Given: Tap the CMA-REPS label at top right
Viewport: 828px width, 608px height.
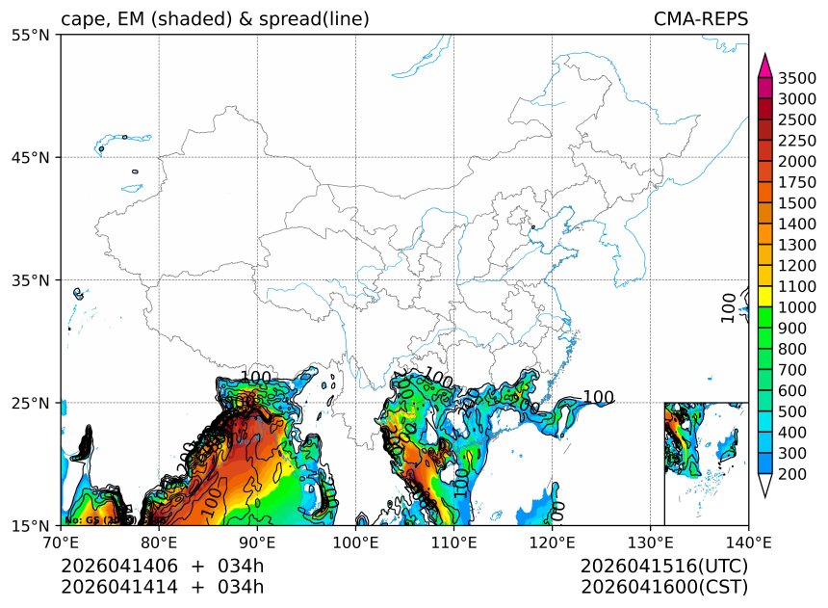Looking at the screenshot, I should pos(701,19).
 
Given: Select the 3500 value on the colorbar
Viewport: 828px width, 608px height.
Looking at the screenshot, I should pos(797,78).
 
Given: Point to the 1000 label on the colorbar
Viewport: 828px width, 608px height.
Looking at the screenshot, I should pos(797,307).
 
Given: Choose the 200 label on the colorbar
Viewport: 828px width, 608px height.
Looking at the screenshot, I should pos(797,474).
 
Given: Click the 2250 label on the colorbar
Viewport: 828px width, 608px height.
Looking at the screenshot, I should pos(797,140).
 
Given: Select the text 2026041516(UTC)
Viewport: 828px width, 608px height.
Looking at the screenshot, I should pos(664,566).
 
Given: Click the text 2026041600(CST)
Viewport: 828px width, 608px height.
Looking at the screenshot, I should pos(664,587).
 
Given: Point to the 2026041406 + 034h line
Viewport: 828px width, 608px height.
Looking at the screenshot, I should pos(162,566).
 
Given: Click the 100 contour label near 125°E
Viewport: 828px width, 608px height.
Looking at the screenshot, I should pos(598,398).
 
